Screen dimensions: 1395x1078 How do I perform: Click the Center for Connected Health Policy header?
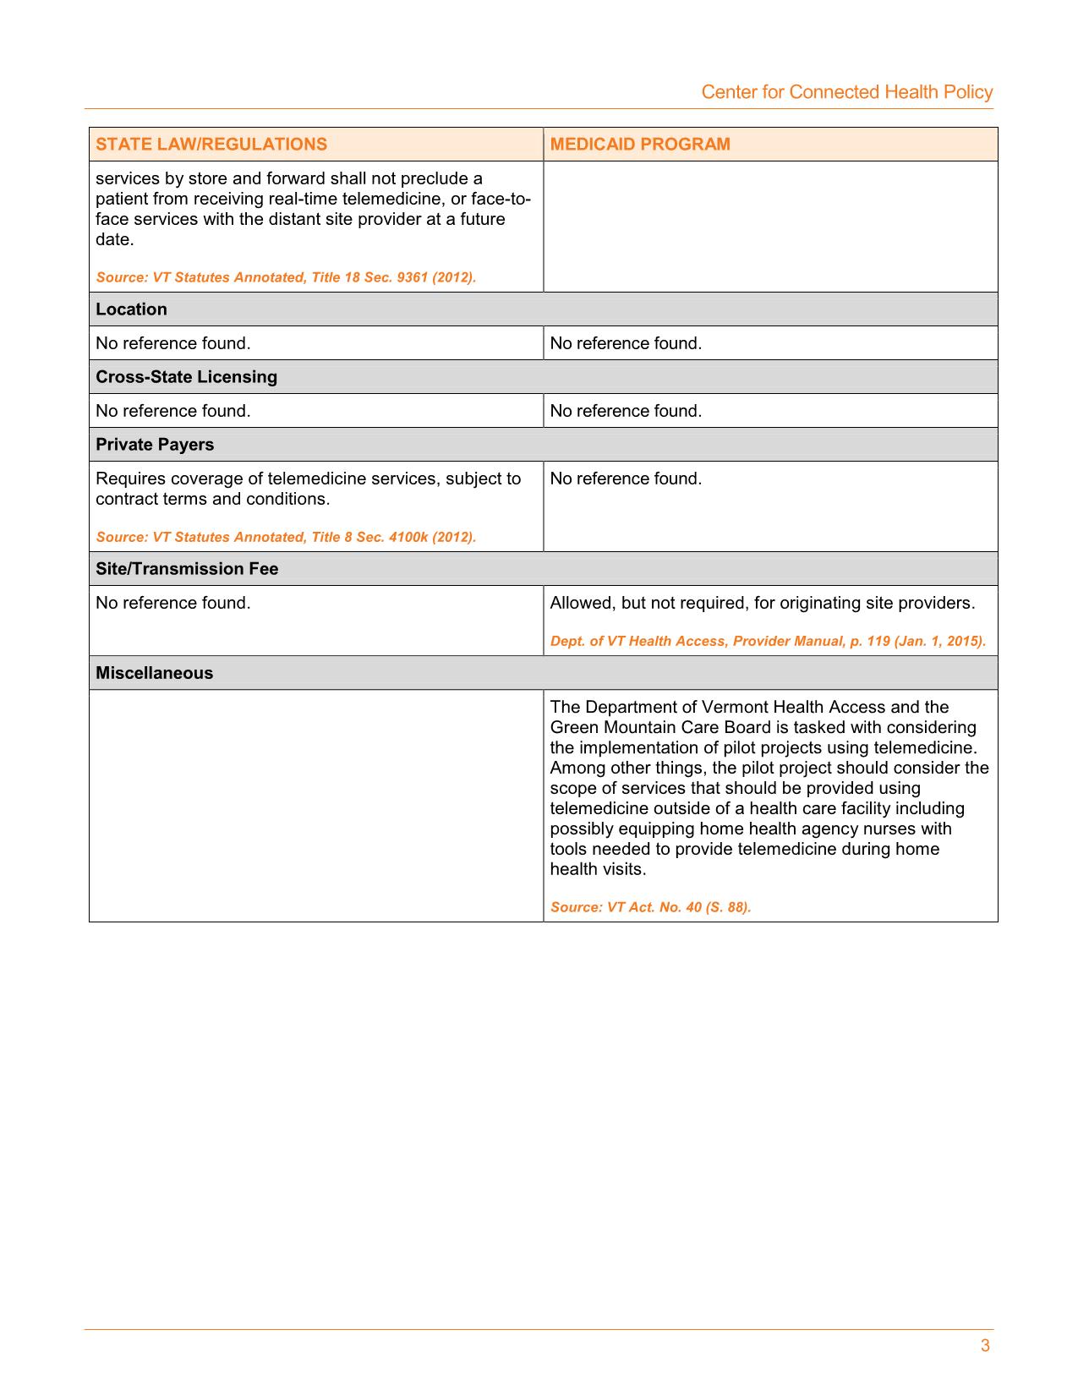tap(846, 92)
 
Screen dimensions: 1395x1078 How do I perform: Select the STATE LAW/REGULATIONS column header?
tap(211, 144)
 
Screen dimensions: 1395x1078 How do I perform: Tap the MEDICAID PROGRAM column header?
tap(640, 144)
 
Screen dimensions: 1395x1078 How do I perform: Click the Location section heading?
tap(131, 309)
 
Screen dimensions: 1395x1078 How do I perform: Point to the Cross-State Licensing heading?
tap(186, 377)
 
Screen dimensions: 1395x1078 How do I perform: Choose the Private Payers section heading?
tap(155, 445)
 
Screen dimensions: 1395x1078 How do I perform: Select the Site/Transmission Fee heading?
tap(187, 569)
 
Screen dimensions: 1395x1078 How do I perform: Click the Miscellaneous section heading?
tap(154, 673)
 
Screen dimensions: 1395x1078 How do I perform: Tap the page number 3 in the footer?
tap(985, 1346)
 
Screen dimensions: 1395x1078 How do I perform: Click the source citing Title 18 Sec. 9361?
tap(286, 277)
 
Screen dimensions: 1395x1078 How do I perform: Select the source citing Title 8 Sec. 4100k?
tap(286, 537)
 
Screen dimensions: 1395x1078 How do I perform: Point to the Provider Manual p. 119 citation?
tap(768, 641)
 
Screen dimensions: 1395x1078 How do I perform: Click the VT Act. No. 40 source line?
tap(650, 907)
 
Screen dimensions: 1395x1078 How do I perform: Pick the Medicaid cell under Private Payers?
tap(626, 479)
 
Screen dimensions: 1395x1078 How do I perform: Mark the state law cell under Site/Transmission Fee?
tap(173, 603)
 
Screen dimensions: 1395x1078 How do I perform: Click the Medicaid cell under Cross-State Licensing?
tap(626, 411)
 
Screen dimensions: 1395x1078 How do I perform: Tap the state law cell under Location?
tap(173, 343)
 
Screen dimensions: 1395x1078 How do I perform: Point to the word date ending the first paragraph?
tap(113, 239)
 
